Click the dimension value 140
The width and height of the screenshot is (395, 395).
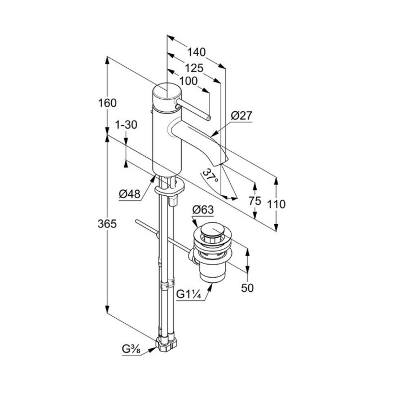point(196,52)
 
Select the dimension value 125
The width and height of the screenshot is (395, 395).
point(194,67)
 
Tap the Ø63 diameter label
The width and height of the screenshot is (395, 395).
point(203,209)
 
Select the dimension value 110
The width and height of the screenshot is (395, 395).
point(277,204)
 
